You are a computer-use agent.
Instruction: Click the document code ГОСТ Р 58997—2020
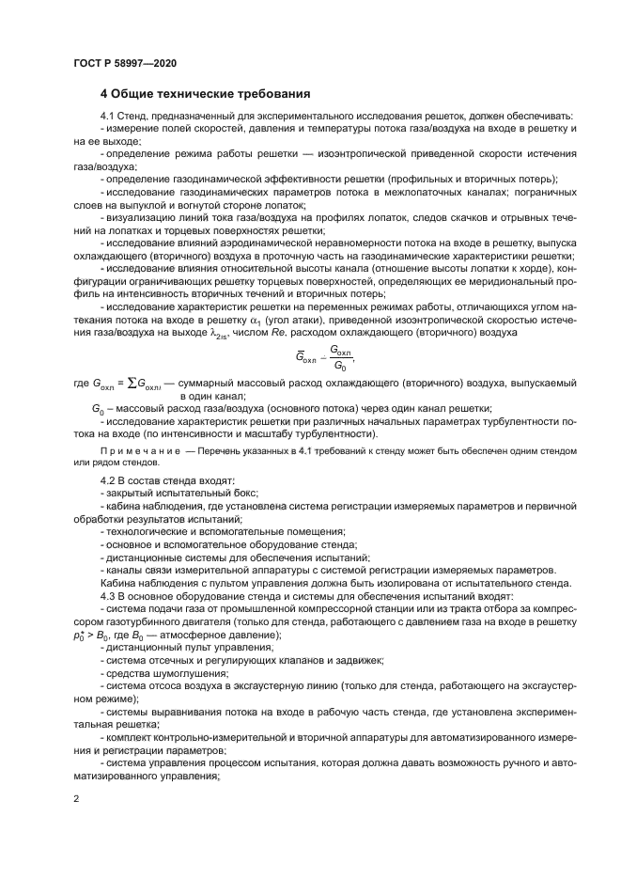point(124,63)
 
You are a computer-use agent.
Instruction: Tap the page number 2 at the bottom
point(77,797)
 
